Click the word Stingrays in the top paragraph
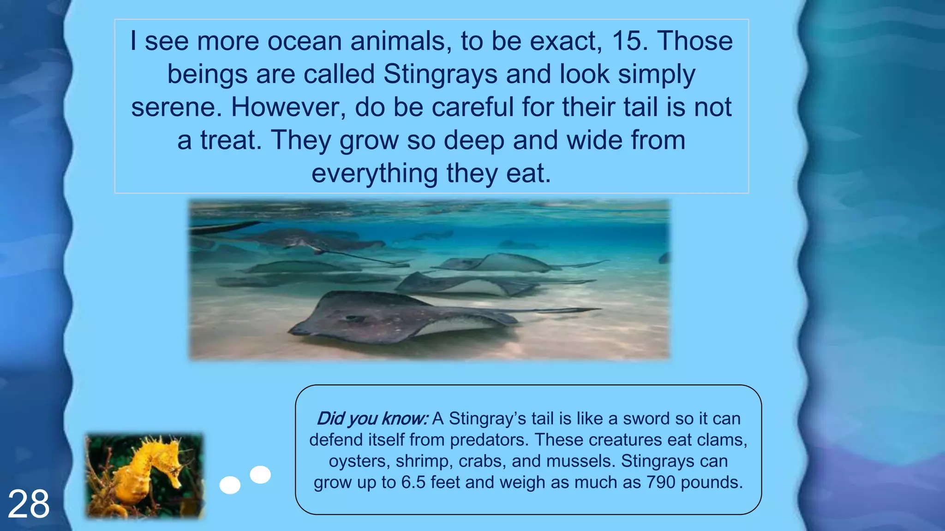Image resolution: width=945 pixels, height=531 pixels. pyautogui.click(x=440, y=74)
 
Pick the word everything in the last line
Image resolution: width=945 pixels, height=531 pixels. pyautogui.click(x=374, y=174)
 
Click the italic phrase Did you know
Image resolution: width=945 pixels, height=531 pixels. pyautogui.click(x=372, y=419)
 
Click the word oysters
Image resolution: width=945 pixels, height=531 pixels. pyautogui.click(x=359, y=461)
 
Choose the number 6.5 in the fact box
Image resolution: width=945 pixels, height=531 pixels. pyautogui.click(x=413, y=482)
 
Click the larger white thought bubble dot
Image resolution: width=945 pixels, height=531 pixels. pyautogui.click(x=260, y=474)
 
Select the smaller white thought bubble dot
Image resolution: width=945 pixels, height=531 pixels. pyautogui.click(x=230, y=485)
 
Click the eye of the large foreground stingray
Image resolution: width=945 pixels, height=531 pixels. pyautogui.click(x=353, y=318)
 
